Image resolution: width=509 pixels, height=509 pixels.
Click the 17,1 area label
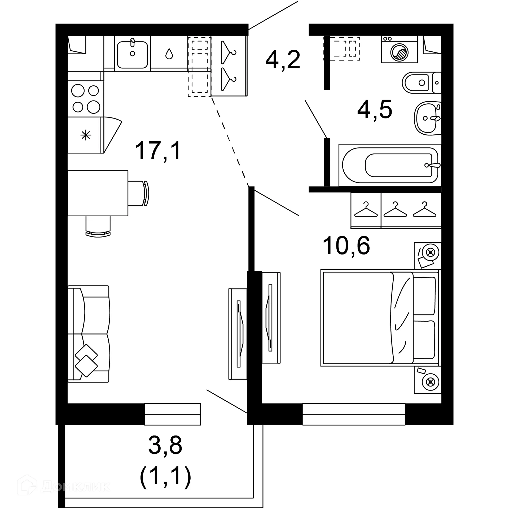(158, 151)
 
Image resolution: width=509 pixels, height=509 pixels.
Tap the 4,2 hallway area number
(283, 60)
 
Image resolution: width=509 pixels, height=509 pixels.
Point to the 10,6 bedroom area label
(346, 246)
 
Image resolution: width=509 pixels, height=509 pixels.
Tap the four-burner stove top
(86, 99)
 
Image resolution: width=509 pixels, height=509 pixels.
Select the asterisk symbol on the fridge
(86, 136)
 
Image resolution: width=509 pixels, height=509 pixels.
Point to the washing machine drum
(399, 52)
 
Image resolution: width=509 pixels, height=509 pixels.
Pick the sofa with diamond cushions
(89, 334)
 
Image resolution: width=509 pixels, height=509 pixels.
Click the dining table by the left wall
(98, 193)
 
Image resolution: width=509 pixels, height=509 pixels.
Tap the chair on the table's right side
(138, 193)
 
